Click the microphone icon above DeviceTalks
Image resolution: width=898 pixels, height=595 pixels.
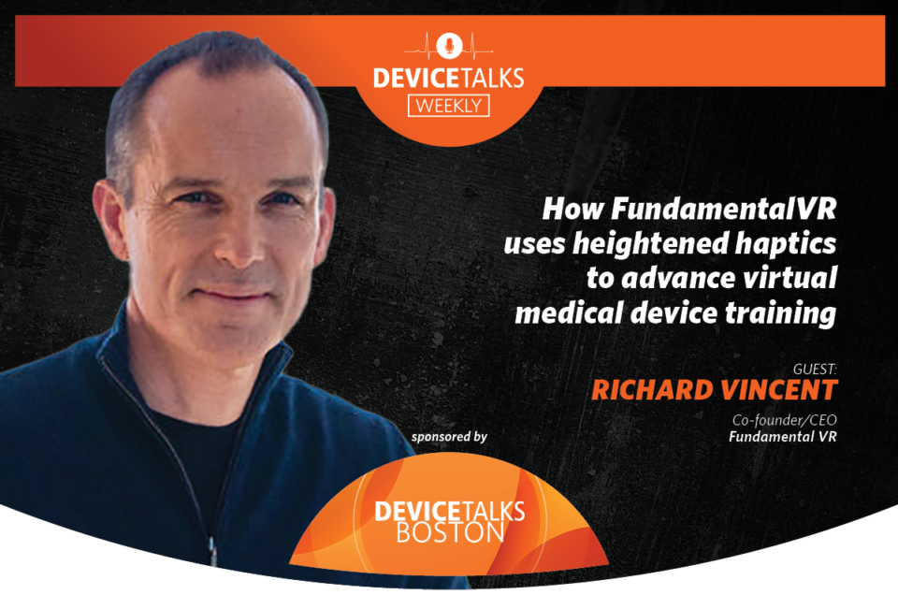(x=450, y=45)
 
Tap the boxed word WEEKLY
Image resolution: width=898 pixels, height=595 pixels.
(x=448, y=106)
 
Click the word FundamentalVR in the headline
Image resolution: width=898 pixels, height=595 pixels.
(x=723, y=209)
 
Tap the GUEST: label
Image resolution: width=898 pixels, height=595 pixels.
(x=815, y=370)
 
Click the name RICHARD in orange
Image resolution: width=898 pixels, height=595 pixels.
(x=651, y=390)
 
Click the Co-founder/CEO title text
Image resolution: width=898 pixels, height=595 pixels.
(x=784, y=420)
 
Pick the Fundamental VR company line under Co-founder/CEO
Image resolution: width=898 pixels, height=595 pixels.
(x=782, y=437)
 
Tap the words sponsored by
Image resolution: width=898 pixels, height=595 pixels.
(x=449, y=437)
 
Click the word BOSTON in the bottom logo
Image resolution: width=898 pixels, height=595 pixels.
(x=450, y=532)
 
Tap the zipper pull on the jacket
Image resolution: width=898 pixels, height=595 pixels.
(x=212, y=551)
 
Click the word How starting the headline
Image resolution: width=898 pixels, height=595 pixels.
(x=572, y=209)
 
